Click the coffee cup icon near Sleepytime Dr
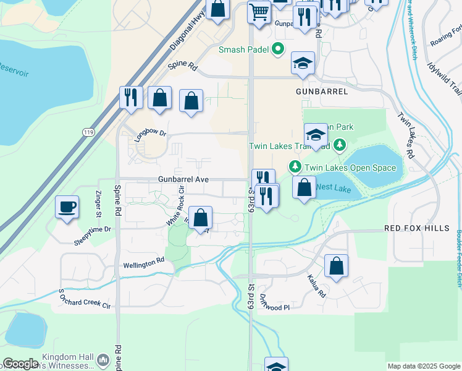(67, 207)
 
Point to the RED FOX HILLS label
(417, 228)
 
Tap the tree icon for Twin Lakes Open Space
(295, 167)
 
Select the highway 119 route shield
(88, 131)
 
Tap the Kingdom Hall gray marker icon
(103, 359)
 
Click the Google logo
(21, 364)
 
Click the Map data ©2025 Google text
(423, 366)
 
